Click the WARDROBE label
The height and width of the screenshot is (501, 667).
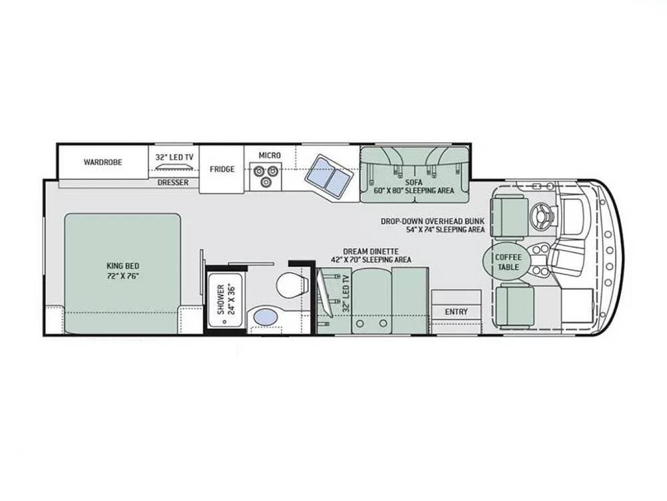(x=103, y=162)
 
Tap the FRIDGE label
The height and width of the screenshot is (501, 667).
(x=222, y=169)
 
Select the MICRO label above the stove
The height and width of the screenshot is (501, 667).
(x=270, y=156)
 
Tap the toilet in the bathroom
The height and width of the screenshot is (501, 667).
(x=289, y=286)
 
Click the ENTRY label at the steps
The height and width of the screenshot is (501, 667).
(x=456, y=312)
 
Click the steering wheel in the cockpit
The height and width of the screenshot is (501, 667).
(x=542, y=214)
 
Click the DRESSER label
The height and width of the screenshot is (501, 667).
(x=173, y=182)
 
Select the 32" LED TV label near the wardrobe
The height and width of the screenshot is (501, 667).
(x=174, y=158)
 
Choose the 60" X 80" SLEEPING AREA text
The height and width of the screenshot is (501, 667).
(x=414, y=190)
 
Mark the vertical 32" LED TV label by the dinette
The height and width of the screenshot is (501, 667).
(x=346, y=295)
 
